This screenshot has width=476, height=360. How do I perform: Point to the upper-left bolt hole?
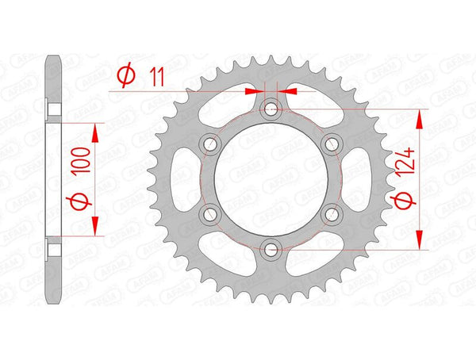210,144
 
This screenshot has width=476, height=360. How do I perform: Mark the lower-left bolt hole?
210,214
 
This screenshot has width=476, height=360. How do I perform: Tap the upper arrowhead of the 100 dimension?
97,130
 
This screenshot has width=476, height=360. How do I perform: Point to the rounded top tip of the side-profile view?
53,59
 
